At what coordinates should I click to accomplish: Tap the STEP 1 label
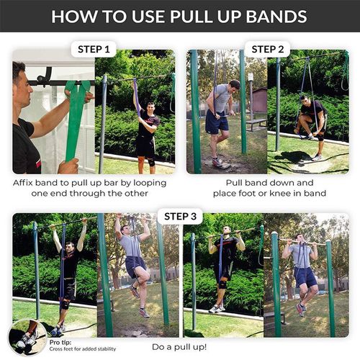tap(94, 50)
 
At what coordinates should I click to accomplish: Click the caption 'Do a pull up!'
tap(180, 346)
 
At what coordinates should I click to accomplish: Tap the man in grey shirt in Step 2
tap(220, 115)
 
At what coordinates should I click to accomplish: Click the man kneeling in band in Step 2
tap(310, 119)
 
